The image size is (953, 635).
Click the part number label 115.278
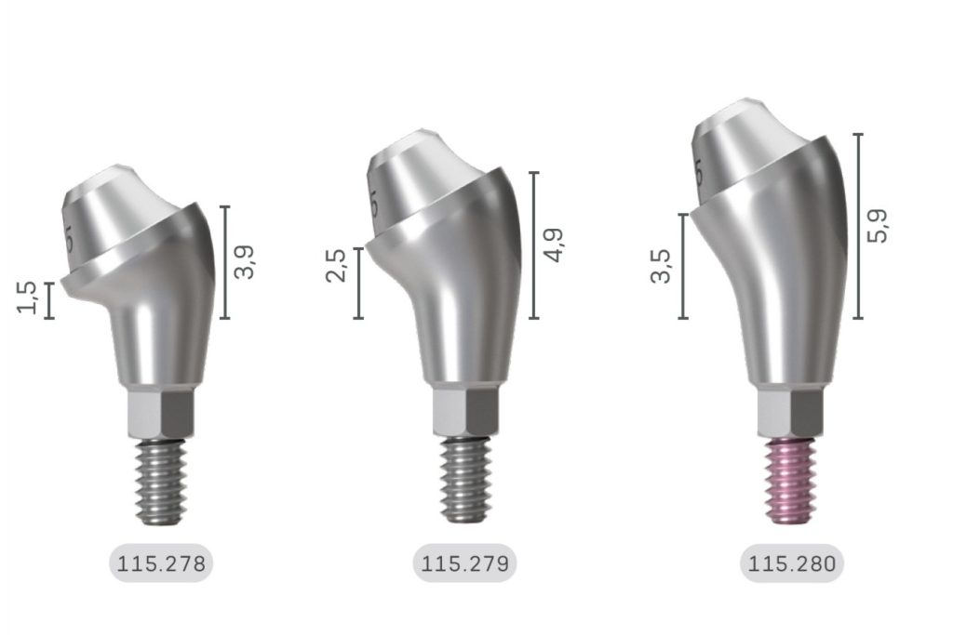point(161,563)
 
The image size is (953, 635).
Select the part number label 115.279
point(464,563)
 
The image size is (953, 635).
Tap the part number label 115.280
point(792,563)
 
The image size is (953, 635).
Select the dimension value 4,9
point(555,245)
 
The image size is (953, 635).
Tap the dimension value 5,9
point(877,226)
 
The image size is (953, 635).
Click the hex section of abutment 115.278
point(161,412)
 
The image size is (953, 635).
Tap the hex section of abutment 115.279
point(464,412)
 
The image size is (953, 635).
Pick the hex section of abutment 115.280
point(791,412)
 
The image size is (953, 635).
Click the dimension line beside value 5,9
point(857,226)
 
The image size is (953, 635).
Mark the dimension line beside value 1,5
point(49,300)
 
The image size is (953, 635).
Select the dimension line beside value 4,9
point(533,245)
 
